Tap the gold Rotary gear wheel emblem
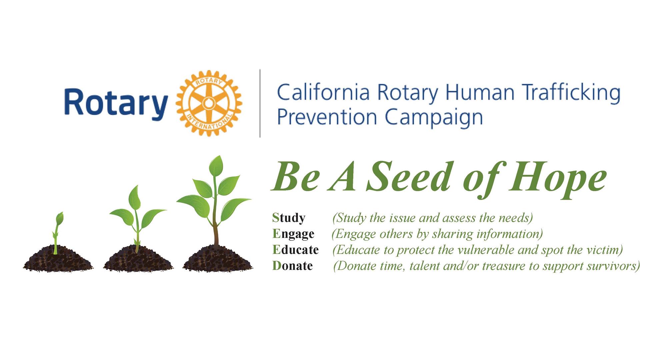point(209,103)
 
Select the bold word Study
point(289,218)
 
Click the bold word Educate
point(295,249)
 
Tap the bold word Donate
point(292,266)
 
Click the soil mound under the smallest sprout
point(58,259)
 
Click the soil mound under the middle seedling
point(138,259)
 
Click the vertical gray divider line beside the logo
point(260,103)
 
